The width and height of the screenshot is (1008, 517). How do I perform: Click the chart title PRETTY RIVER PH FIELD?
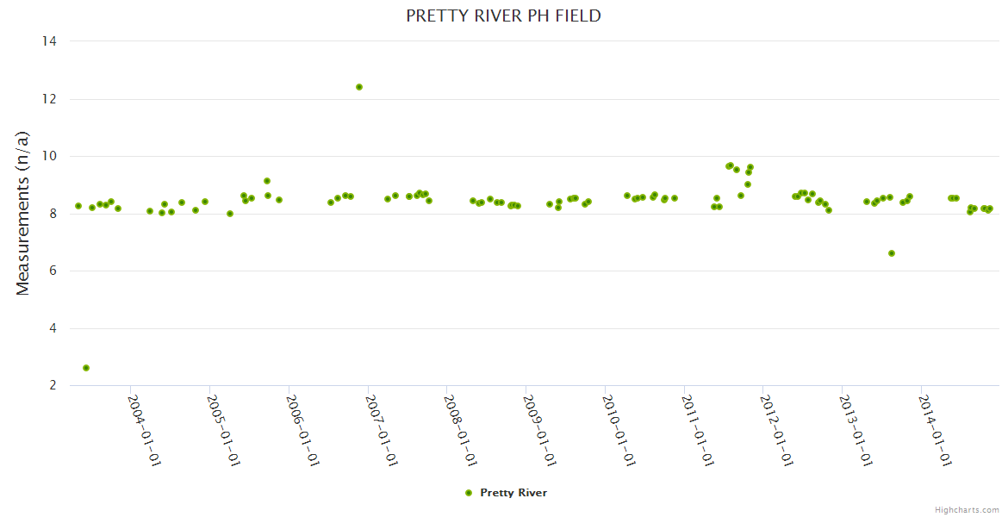pos(503,16)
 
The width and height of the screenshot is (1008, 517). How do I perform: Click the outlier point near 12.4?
pos(359,87)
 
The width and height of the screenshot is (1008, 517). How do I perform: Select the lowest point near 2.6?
pos(86,368)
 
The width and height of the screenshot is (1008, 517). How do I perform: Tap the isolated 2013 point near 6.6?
pos(892,253)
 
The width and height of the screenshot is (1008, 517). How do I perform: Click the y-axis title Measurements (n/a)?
pos(23,213)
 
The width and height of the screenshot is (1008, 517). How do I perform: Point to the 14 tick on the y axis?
pos(48,41)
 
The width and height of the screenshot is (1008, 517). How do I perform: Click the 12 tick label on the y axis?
pos(48,99)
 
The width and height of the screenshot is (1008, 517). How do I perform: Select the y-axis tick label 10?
pos(48,156)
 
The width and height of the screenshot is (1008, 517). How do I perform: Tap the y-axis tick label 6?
pos(52,271)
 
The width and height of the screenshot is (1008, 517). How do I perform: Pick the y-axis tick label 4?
pos(52,328)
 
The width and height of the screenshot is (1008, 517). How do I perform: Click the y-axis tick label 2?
pos(52,385)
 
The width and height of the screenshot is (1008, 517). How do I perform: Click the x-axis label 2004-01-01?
pos(144,430)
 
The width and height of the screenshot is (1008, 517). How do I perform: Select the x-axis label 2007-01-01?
pos(381,430)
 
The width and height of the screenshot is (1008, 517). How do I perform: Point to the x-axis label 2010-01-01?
pos(618,430)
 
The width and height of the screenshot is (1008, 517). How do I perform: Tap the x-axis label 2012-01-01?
pos(775,430)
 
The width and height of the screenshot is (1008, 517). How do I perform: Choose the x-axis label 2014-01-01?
pos(934,430)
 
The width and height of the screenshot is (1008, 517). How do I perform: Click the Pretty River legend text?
pos(513,493)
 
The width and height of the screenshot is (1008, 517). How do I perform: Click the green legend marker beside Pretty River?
pos(469,493)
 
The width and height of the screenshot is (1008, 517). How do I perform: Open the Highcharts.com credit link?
pos(967,510)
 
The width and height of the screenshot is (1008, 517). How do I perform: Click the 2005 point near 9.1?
pos(267,181)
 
